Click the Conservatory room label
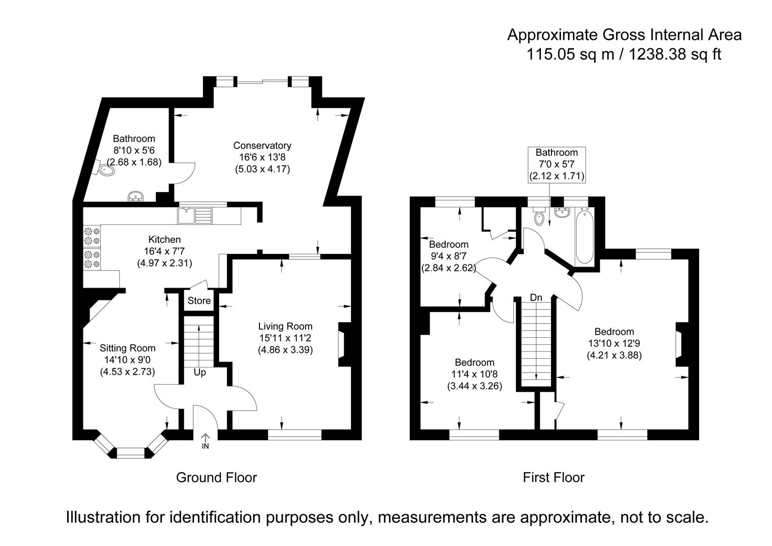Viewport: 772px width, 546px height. [262, 146]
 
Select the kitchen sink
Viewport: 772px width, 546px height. [195, 215]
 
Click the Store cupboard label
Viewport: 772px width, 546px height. [199, 301]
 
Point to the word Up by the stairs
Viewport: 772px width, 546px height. [200, 373]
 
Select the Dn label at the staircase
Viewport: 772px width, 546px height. [536, 298]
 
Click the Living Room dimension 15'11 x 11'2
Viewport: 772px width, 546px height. [285, 338]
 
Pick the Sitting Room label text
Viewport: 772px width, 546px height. [127, 348]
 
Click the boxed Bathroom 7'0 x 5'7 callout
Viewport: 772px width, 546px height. [556, 165]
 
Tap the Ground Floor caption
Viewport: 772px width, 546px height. [217, 478]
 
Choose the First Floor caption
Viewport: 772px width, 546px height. [553, 478]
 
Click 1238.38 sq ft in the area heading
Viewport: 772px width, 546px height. [675, 55]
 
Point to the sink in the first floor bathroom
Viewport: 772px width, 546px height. [563, 212]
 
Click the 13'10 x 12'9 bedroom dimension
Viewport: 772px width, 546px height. [615, 343]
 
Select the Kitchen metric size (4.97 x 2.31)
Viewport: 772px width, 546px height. [165, 263]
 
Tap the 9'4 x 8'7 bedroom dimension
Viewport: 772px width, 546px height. [448, 256]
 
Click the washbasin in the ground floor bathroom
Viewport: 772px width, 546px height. [136, 196]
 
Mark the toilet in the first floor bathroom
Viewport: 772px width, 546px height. [538, 216]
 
